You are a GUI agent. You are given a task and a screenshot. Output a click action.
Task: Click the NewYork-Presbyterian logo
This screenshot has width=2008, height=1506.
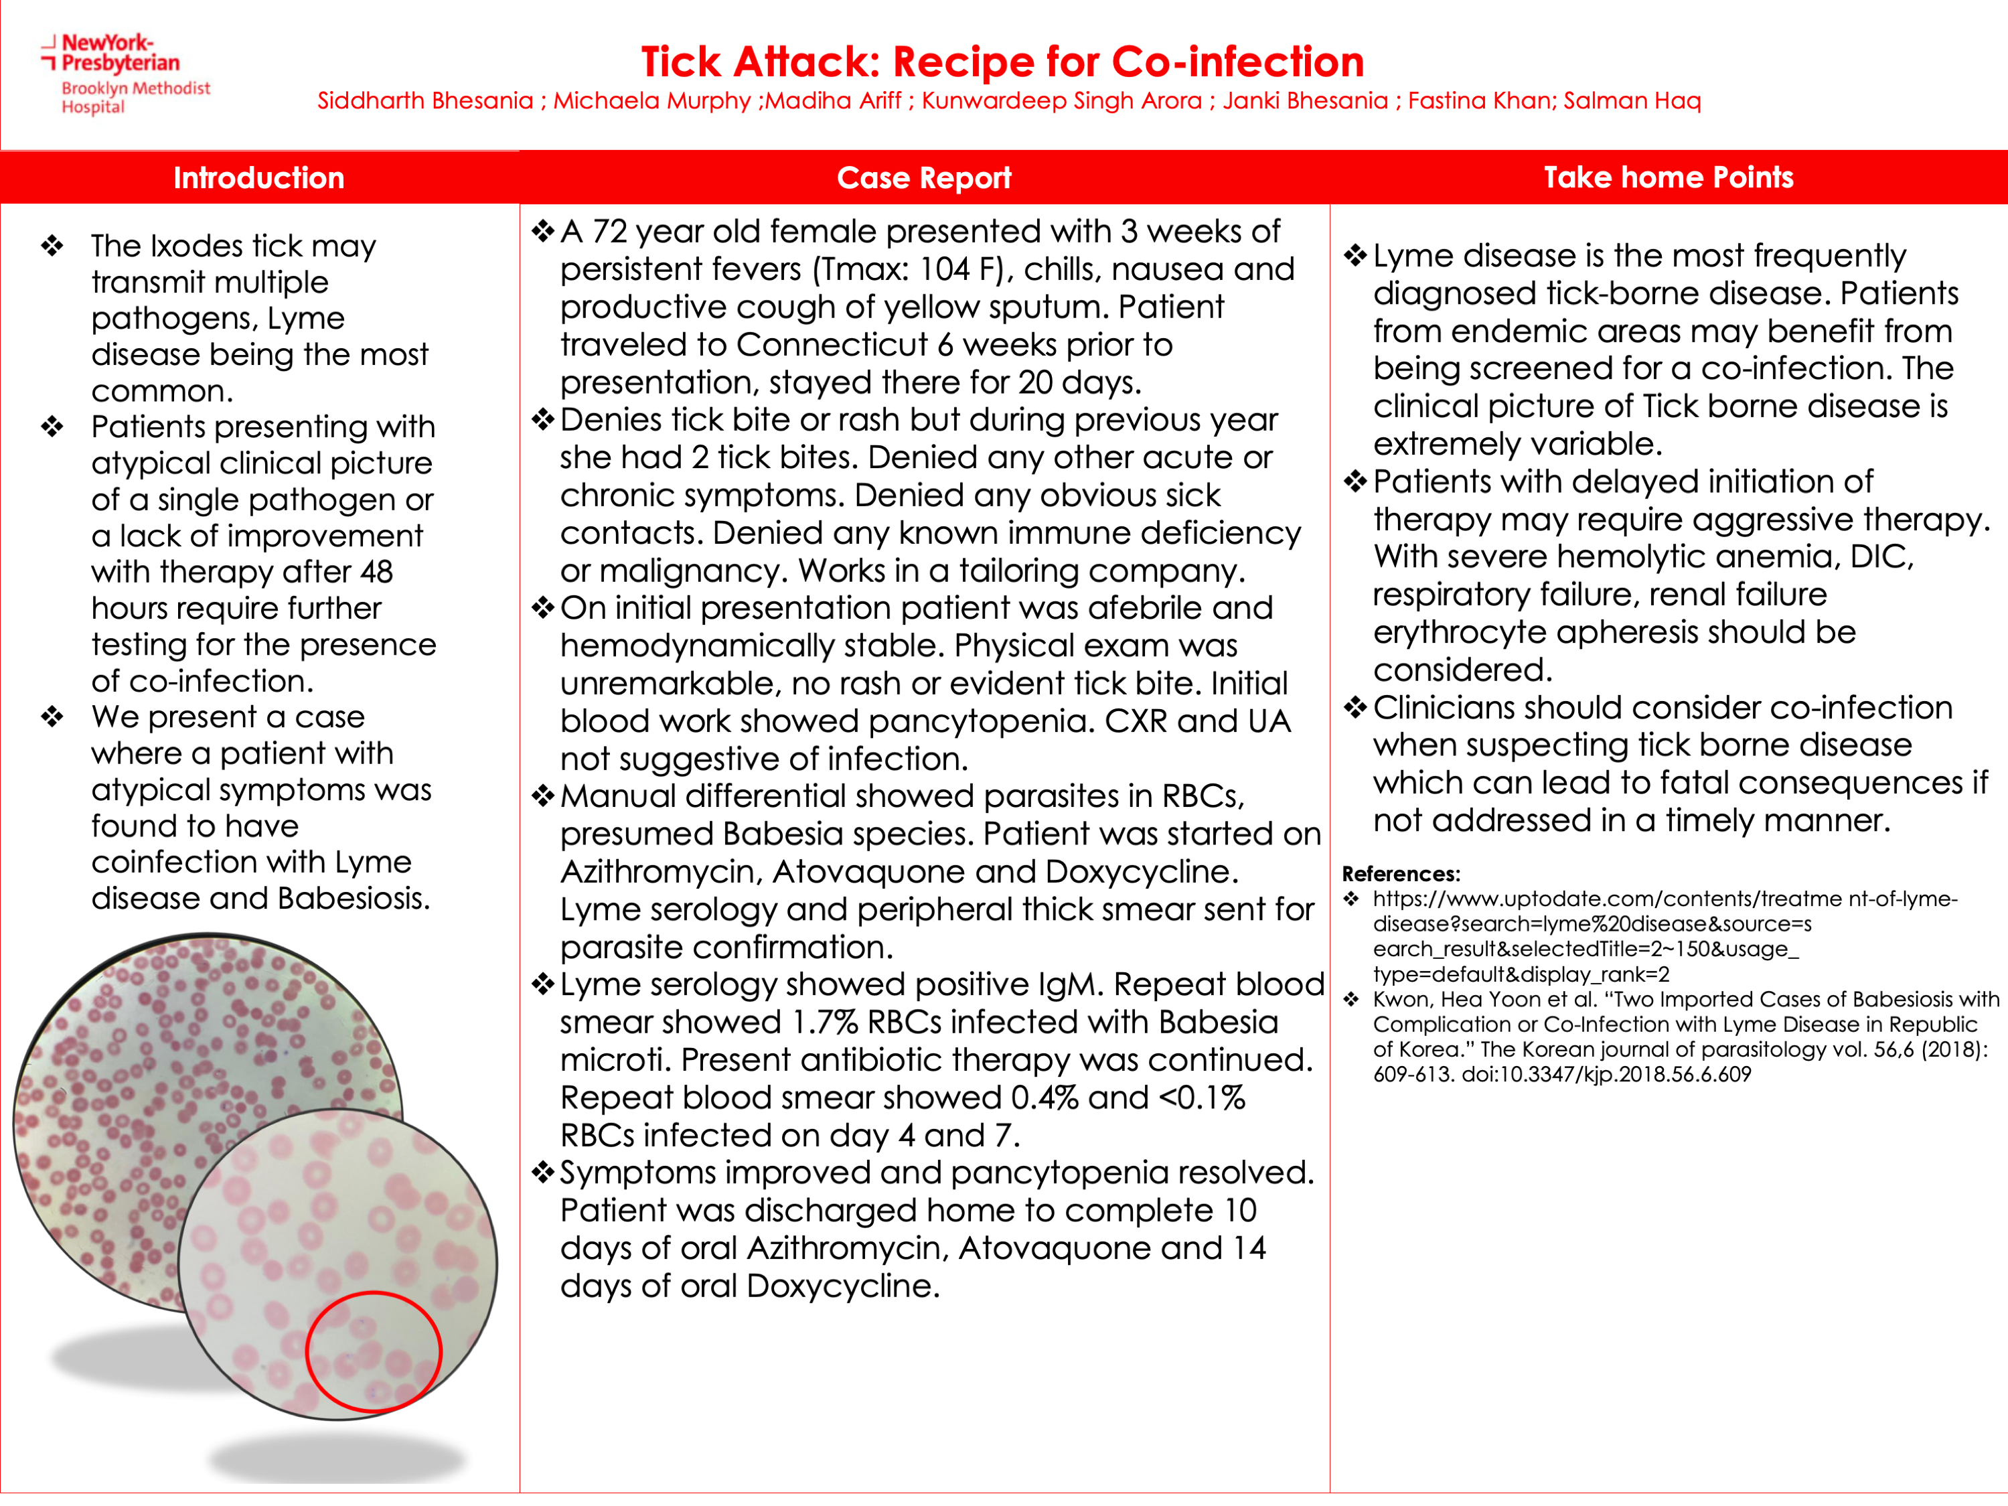[x=123, y=72]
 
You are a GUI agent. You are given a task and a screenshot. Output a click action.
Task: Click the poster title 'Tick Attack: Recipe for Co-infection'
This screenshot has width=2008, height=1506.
[x=1002, y=62]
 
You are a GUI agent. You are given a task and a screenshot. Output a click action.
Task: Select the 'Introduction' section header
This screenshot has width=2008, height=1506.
[x=258, y=178]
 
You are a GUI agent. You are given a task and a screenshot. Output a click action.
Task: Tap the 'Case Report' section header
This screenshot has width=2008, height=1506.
[x=923, y=178]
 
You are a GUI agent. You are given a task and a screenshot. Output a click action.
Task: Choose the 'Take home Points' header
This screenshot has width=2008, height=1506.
[x=1668, y=177]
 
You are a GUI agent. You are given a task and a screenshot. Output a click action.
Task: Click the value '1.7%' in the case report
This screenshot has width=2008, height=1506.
[x=824, y=1022]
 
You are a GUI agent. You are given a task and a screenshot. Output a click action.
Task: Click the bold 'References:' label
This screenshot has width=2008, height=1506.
[x=1401, y=873]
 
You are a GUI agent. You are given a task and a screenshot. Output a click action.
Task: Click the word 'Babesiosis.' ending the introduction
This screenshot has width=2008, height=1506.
[x=354, y=899]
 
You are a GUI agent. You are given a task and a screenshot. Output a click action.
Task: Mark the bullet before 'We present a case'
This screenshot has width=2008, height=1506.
[x=53, y=717]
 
